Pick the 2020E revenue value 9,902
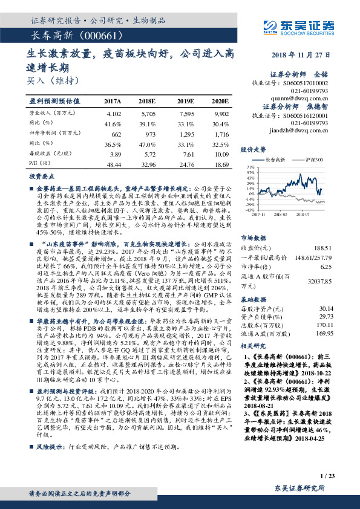(220, 114)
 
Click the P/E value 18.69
(220, 164)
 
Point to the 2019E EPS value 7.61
(185, 155)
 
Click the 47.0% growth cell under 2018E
(148, 144)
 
